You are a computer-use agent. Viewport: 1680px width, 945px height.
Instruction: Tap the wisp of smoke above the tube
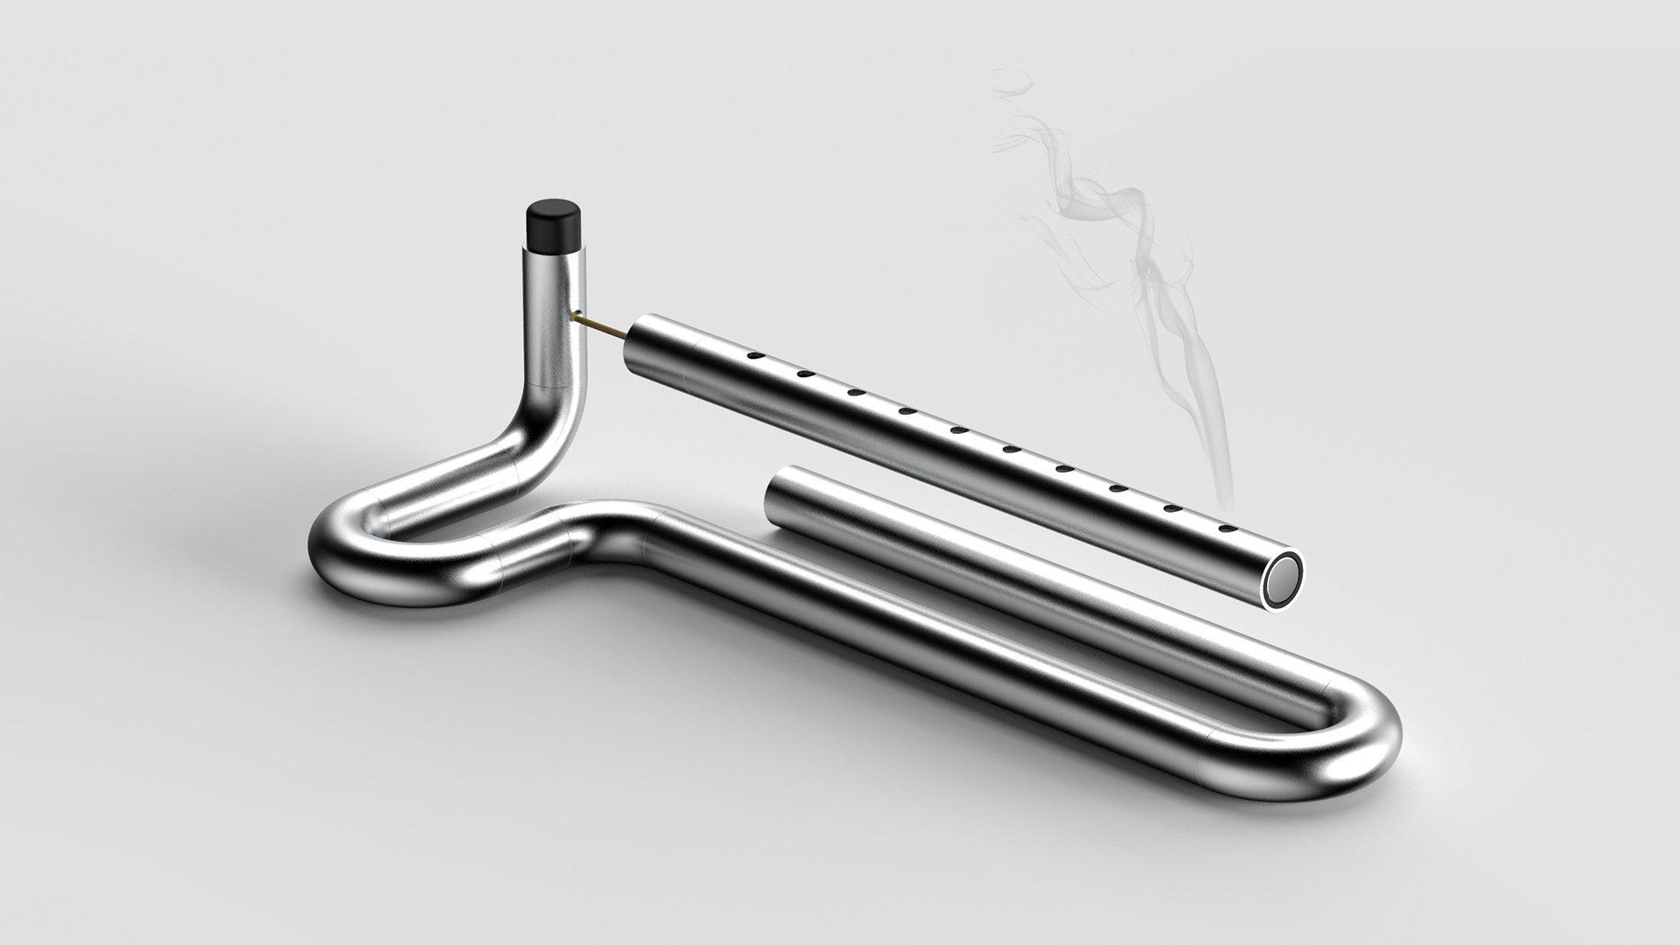[1137, 262]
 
